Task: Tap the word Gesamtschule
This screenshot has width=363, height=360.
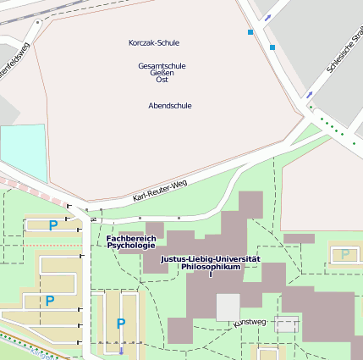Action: tap(162, 65)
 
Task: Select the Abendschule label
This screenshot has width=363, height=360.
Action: tap(169, 106)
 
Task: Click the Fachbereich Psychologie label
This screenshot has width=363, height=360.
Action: tap(131, 242)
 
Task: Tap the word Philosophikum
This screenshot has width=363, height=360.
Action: tap(211, 267)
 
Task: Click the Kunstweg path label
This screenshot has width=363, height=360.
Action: tap(250, 322)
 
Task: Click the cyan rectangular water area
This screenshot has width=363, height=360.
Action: tap(23, 152)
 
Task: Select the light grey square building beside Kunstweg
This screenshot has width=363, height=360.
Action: tap(228, 307)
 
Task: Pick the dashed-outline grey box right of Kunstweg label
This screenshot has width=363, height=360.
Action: tap(287, 324)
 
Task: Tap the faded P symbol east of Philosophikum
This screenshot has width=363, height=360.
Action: tap(344, 253)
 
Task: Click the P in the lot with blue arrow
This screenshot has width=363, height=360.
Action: tap(120, 324)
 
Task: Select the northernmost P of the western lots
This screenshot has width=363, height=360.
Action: tap(52, 225)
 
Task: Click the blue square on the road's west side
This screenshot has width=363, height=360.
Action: tap(250, 32)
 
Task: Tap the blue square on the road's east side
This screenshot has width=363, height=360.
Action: tap(272, 47)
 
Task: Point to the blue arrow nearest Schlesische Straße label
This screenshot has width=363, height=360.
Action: tap(311, 93)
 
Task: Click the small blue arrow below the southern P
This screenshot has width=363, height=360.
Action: tap(120, 350)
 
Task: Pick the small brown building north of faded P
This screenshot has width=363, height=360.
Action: tap(299, 239)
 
